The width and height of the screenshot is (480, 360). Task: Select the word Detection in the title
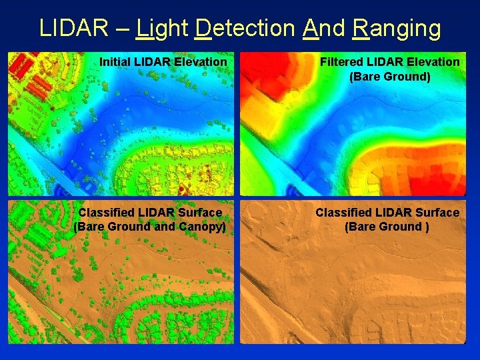pyautogui.click(x=245, y=28)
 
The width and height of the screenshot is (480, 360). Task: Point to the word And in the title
pyautogui.click(x=323, y=28)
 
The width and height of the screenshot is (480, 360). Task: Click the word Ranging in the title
pyautogui.click(x=396, y=28)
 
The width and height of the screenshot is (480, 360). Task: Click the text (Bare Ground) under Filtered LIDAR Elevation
pyautogui.click(x=390, y=77)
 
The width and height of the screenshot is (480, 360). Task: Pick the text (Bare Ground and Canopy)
pyautogui.click(x=150, y=227)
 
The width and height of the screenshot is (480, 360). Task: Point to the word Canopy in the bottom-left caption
pyautogui.click(x=204, y=227)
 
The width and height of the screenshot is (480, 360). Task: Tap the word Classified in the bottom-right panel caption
pyautogui.click(x=341, y=213)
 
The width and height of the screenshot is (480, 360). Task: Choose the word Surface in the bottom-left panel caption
pyautogui.click(x=199, y=213)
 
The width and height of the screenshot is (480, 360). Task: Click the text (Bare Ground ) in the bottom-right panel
pyautogui.click(x=387, y=227)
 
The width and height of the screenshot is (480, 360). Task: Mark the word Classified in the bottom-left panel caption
pyautogui.click(x=104, y=213)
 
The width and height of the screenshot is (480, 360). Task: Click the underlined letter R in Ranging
pyautogui.click(x=361, y=28)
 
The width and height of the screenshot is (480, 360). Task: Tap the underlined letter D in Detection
pyautogui.click(x=204, y=28)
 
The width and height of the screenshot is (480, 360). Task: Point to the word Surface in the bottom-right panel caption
pyautogui.click(x=437, y=213)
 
